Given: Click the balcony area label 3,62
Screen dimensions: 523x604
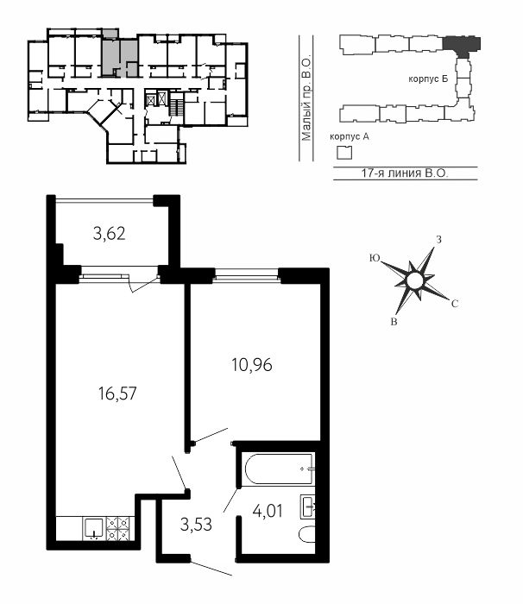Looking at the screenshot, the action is click(x=109, y=234).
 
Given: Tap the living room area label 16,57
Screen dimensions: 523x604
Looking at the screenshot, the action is click(x=117, y=393).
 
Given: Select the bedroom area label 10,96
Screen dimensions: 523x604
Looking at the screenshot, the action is click(x=252, y=365).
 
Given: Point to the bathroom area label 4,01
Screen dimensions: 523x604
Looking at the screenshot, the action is click(x=268, y=511).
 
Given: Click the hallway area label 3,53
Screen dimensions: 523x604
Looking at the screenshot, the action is click(x=196, y=525).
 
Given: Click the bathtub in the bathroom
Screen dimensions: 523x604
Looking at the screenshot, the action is click(x=280, y=469).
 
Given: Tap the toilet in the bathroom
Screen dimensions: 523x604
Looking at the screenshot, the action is click(x=307, y=534).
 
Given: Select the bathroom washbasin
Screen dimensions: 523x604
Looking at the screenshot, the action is click(x=307, y=506).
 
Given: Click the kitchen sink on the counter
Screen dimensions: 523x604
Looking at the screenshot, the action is click(x=93, y=528).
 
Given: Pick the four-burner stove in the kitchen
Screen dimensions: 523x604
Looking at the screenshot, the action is click(x=118, y=528).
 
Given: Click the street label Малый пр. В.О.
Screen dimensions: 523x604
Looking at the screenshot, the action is click(x=306, y=99).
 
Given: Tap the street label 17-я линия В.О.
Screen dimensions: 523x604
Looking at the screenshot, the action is click(x=405, y=173).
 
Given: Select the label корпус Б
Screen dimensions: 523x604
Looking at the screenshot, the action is click(x=428, y=79).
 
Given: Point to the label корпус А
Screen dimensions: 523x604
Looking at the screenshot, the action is click(x=350, y=136).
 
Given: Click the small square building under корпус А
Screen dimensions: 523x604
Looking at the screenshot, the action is click(x=344, y=153).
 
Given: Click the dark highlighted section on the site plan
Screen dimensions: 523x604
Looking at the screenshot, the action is click(x=462, y=45).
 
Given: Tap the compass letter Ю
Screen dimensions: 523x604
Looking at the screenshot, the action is click(x=375, y=258).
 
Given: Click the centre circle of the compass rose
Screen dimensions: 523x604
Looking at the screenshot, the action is click(x=415, y=280).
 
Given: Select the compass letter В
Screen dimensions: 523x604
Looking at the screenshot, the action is click(x=394, y=322).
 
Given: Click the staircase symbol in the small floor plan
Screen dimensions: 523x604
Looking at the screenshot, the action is click(x=176, y=104).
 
